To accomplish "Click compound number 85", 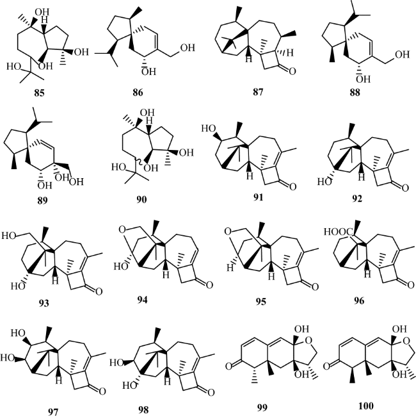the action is tap(39, 93).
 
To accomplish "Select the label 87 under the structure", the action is tap(258, 92).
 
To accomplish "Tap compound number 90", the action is tap(141, 199).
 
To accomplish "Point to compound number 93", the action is tap(44, 303).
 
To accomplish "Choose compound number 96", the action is tap(359, 301).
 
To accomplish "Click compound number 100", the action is tap(365, 406).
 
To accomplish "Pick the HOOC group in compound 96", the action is tap(339, 232).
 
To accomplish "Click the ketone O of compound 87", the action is tap(292, 71).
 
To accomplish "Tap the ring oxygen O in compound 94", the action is tap(122, 229).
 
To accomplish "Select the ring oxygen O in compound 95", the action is tap(228, 231).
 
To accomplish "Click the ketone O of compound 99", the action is tap(228, 366).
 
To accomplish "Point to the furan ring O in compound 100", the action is tap(406, 341).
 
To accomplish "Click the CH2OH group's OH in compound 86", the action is tap(188, 47).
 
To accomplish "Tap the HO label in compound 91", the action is tap(209, 129).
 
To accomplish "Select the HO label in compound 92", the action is tap(324, 182).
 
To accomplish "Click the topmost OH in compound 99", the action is tap(301, 329).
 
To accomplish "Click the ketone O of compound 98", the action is tap(211, 393).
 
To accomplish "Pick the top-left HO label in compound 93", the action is tap(8, 235).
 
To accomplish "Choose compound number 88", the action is tap(355, 92).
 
